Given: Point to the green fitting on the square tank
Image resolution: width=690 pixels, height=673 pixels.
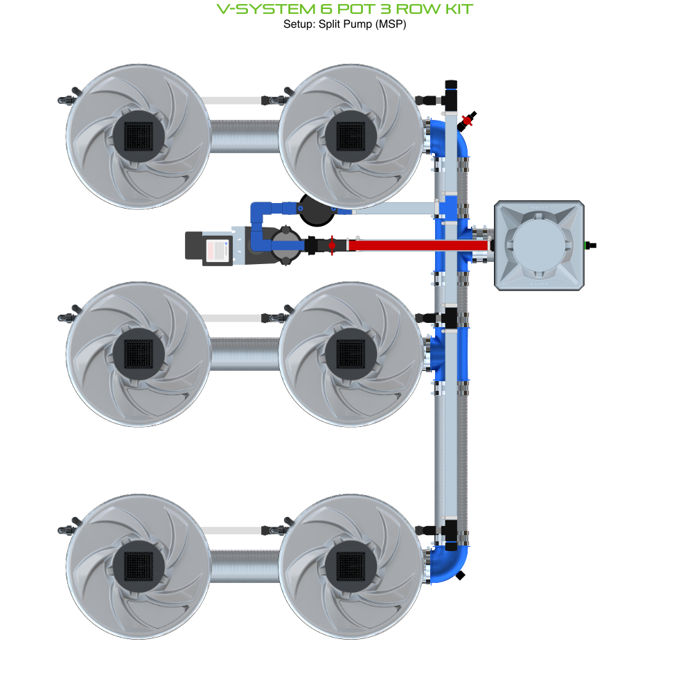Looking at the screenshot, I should [590, 245].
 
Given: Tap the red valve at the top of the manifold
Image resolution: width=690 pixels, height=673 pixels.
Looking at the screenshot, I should [468, 121].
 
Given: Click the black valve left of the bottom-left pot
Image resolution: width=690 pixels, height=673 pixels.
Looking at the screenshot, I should [66, 530].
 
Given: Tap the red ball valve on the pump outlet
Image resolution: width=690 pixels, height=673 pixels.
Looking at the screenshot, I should [332, 245].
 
